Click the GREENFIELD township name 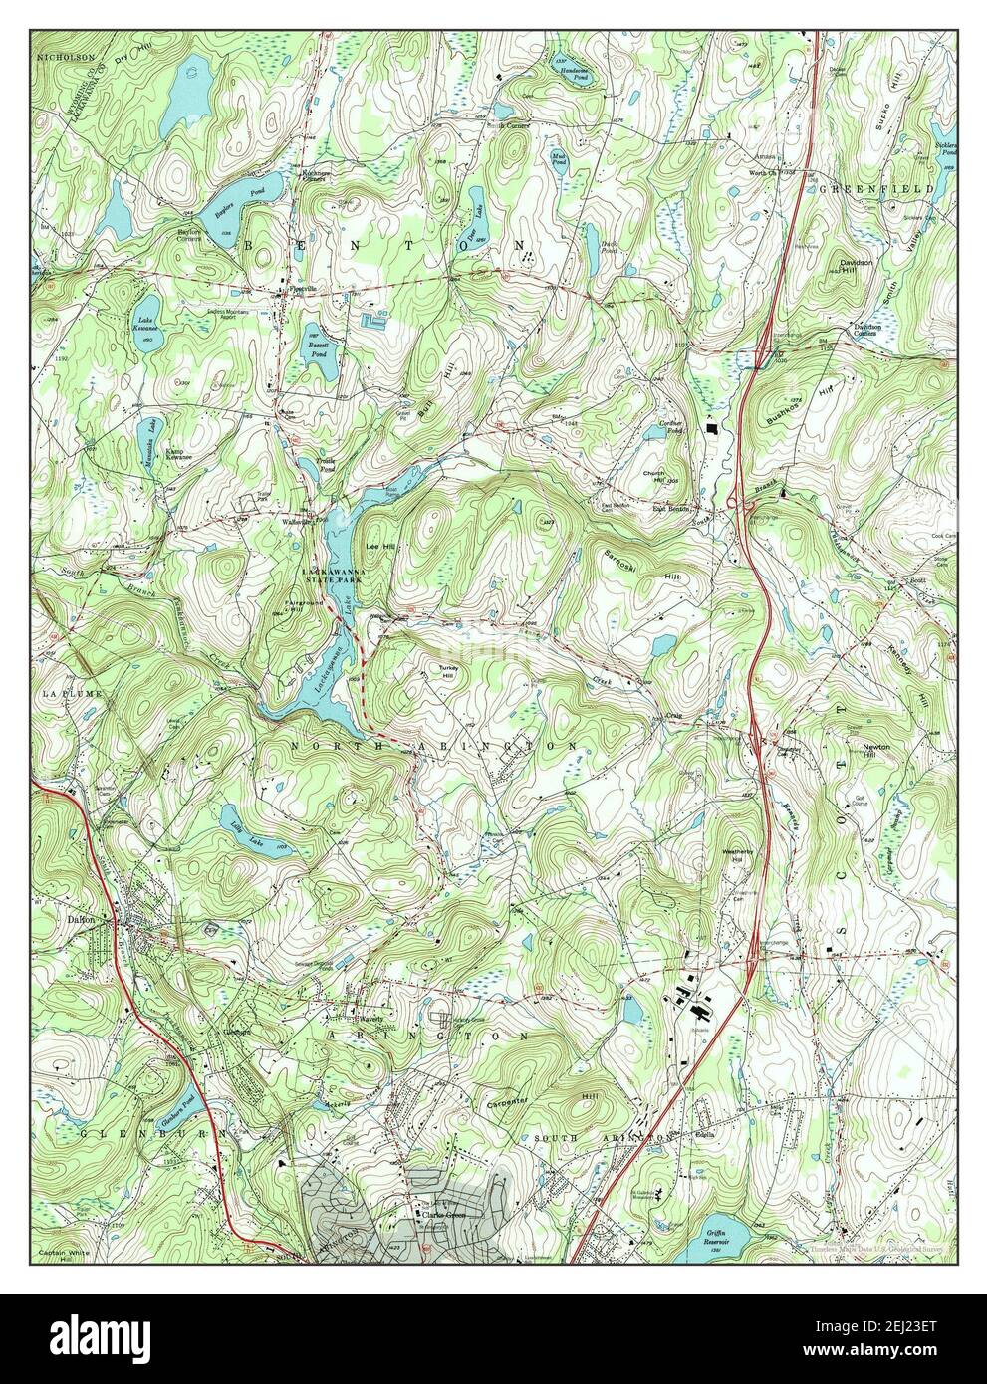[x=875, y=188]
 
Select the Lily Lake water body [x=256, y=831]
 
